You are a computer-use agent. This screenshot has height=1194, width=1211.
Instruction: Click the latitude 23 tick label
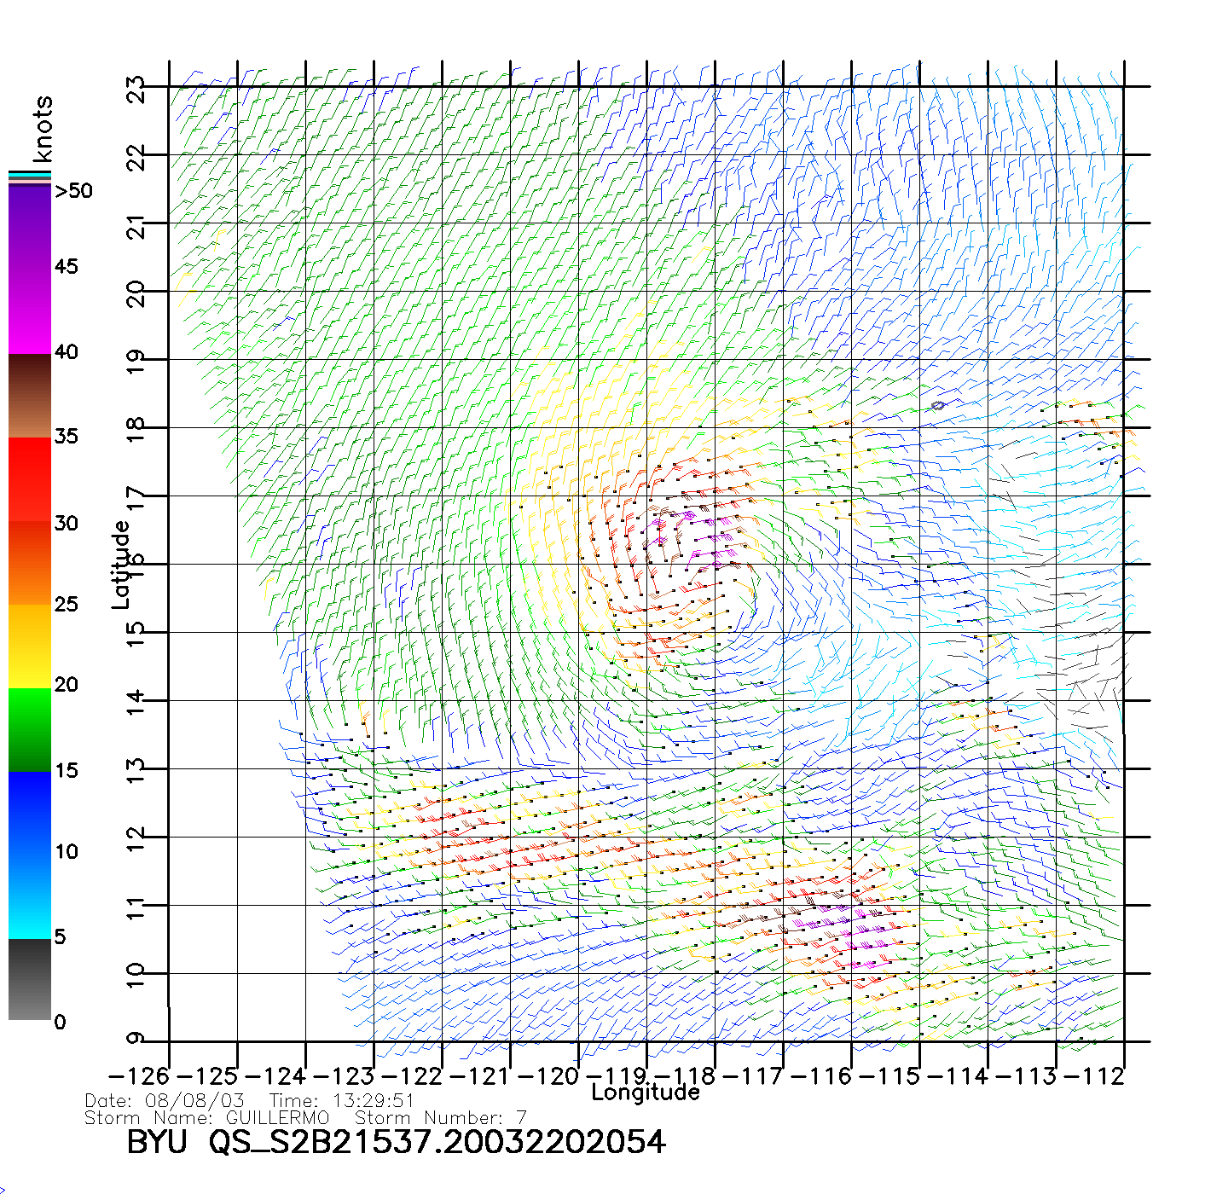(x=136, y=89)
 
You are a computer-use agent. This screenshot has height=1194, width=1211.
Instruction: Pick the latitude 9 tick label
(x=136, y=1039)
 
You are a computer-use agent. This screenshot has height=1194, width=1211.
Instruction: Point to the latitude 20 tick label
(x=136, y=293)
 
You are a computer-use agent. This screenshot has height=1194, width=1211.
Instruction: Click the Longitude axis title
(x=646, y=1093)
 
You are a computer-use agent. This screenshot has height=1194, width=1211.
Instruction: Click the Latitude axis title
(x=121, y=565)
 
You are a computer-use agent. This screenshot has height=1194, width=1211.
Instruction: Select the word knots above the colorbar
(x=43, y=129)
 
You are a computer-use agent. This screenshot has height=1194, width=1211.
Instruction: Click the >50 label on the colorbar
(x=74, y=191)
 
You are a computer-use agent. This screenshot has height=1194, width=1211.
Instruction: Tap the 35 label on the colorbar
(x=67, y=437)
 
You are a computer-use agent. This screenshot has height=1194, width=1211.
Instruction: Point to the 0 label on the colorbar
(x=60, y=1022)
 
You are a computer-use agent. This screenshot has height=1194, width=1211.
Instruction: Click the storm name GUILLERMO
(x=277, y=1118)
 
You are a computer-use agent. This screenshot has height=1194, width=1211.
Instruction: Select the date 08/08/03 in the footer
(x=195, y=1101)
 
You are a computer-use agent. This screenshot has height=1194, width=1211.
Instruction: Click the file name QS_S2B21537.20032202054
(x=437, y=1142)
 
